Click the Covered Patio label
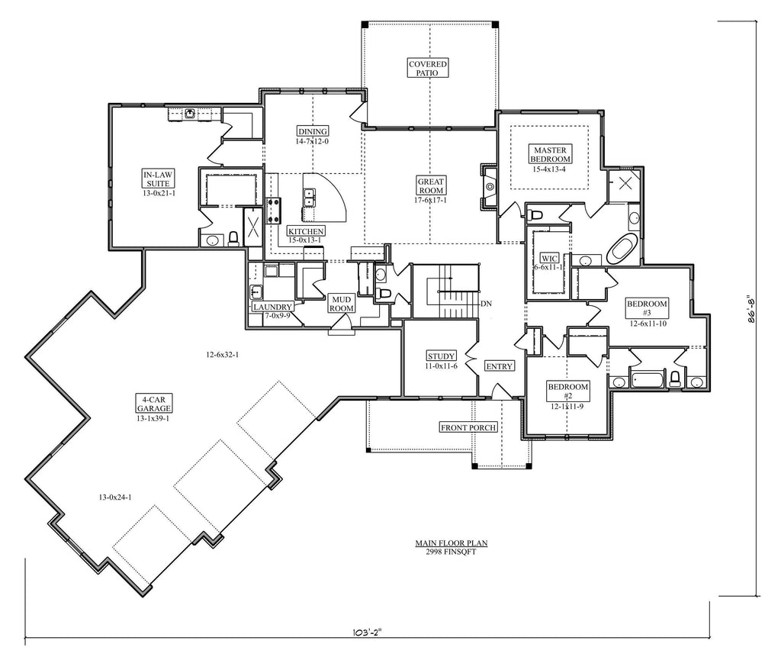[428, 68]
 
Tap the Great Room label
[431, 186]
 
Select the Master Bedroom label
[551, 154]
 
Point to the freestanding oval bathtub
[621, 250]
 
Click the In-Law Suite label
[158, 179]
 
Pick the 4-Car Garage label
[154, 404]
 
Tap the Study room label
[442, 356]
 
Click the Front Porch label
[468, 427]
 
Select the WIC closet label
[549, 259]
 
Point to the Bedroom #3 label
[647, 308]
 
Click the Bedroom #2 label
[567, 391]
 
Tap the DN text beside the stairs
[486, 304]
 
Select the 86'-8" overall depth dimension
[751, 310]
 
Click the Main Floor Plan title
[452, 543]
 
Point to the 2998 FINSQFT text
[451, 552]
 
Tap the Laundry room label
[272, 307]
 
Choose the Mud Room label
[342, 304]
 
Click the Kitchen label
[307, 231]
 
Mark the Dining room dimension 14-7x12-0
[312, 141]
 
